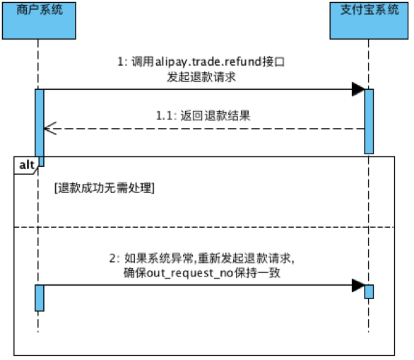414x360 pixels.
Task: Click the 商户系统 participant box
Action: [39, 21]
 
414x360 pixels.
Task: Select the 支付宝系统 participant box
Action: [369, 21]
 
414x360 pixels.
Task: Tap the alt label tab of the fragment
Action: [26, 166]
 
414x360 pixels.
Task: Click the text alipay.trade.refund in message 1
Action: [208, 62]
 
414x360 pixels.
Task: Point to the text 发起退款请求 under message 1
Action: [201, 77]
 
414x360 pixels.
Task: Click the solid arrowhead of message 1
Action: [358, 89]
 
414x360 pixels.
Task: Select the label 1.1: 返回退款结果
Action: [203, 116]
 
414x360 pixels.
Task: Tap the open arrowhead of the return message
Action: [50, 129]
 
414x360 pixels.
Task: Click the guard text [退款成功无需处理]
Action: [105, 188]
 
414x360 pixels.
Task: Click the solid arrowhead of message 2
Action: [358, 285]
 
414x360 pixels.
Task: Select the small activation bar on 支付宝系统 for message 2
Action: [369, 292]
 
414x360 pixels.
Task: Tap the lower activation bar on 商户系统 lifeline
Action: [40, 298]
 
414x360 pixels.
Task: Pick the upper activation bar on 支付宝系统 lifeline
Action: [369, 122]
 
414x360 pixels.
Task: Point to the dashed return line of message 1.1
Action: [204, 129]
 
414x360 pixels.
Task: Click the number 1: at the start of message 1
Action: [122, 62]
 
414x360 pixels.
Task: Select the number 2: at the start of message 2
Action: [114, 258]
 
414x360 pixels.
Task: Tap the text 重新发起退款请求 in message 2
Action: [244, 258]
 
